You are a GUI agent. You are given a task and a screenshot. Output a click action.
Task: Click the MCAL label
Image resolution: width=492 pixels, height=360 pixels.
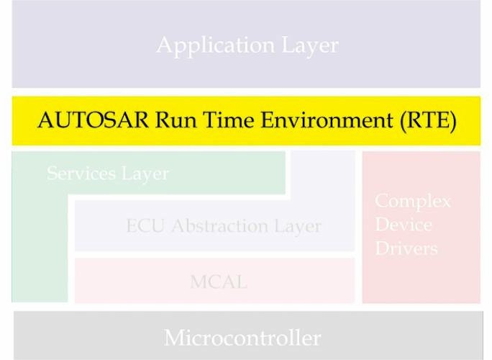[219, 282]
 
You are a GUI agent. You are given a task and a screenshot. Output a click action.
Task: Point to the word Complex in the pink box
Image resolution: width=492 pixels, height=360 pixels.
[413, 201]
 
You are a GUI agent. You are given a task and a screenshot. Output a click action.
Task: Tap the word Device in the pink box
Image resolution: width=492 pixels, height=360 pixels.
[404, 225]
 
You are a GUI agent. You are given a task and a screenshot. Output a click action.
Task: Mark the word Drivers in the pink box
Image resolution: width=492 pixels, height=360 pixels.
[406, 249]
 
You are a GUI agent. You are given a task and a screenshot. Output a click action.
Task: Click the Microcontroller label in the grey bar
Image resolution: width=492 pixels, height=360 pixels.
[242, 337]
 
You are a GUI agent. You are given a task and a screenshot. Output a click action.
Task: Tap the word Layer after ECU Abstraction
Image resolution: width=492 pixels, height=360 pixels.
[296, 226]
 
